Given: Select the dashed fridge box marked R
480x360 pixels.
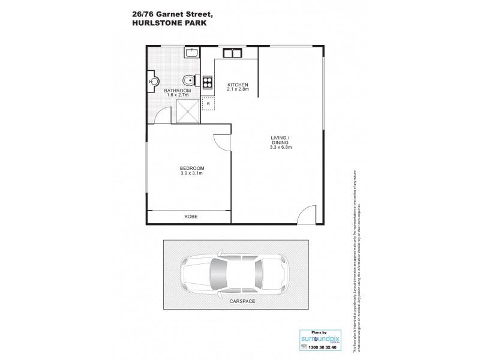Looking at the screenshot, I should click(x=208, y=104).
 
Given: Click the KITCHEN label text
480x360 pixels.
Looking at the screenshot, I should click(x=238, y=85).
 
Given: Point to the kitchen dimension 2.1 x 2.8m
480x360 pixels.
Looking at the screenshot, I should click(x=238, y=90).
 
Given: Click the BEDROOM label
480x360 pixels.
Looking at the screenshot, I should click(x=192, y=168).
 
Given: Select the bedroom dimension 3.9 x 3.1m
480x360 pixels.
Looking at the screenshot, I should click(x=192, y=173).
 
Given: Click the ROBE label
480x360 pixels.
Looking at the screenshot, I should click(x=191, y=216).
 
